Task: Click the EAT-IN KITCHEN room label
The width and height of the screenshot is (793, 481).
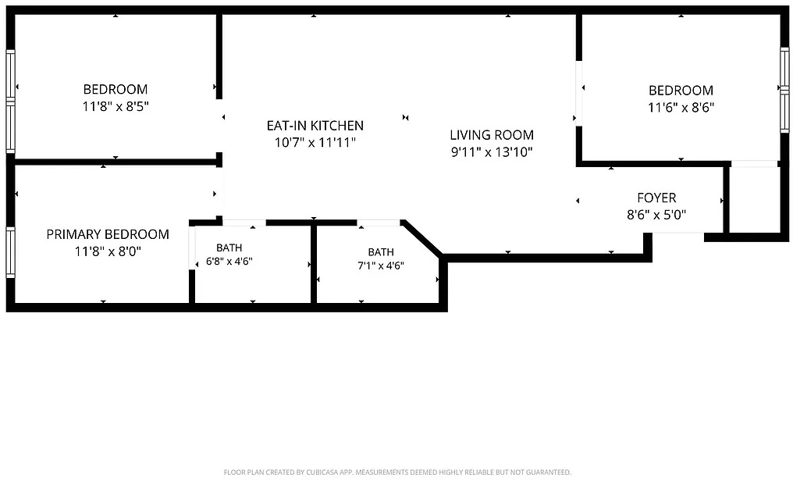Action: tap(315, 126)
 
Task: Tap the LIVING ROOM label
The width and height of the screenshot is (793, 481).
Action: tap(492, 135)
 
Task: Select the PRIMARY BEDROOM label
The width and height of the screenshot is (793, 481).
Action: tap(108, 234)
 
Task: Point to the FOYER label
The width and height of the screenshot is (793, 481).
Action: tap(656, 198)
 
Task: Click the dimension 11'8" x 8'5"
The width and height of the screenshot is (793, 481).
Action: tap(116, 107)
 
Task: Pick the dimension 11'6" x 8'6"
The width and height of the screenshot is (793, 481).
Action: tap(681, 108)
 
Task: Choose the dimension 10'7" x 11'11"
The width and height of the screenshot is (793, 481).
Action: tap(315, 143)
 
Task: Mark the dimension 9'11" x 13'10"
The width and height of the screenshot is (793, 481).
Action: tap(492, 151)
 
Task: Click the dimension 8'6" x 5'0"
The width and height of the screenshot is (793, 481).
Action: tap(656, 215)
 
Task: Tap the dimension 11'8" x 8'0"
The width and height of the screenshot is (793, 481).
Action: tap(108, 251)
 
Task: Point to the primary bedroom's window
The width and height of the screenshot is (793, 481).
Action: tap(10, 252)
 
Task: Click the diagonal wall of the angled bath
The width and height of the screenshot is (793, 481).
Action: tap(423, 237)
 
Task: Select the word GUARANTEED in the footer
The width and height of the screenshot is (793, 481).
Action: tap(549, 472)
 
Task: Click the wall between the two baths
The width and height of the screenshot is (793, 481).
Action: tap(314, 263)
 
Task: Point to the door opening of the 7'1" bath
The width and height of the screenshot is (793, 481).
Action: tap(379, 223)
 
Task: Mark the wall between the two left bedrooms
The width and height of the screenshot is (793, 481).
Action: tap(116, 162)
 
